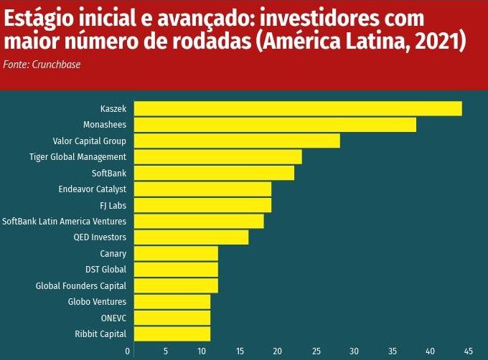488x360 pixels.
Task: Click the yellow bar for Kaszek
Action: [x=298, y=109]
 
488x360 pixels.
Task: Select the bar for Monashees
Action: [x=275, y=125]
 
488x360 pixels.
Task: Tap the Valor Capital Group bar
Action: [x=237, y=141]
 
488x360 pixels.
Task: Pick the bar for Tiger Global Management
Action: [x=218, y=157]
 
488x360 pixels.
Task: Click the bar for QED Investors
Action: [x=191, y=237]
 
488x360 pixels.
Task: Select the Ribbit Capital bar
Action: [x=172, y=333]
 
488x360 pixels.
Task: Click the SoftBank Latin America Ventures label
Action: [x=64, y=221]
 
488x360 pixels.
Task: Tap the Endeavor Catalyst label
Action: [x=92, y=189]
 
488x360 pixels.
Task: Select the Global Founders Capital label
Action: [x=81, y=285]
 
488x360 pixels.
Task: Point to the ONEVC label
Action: [x=114, y=318]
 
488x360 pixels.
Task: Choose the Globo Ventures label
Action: [x=97, y=301]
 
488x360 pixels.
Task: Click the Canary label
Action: [x=113, y=253]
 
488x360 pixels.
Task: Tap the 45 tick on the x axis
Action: [x=468, y=351]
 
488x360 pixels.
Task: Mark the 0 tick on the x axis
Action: [x=128, y=351]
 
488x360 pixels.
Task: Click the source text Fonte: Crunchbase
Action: [x=42, y=65]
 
